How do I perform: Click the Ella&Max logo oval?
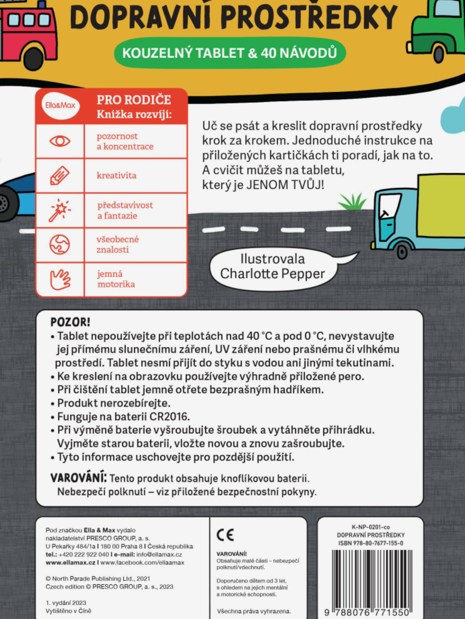click(60, 105)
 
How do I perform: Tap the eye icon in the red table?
click(60, 141)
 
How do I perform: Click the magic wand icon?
click(59, 210)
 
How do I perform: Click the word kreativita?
click(117, 175)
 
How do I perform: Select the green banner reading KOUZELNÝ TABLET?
click(230, 53)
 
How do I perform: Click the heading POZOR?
click(70, 322)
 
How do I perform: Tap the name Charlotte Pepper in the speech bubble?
click(272, 274)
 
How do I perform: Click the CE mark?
click(225, 535)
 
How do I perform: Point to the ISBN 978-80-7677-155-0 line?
click(371, 543)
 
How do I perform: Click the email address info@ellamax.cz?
click(159, 554)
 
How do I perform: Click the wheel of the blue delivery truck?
click(402, 251)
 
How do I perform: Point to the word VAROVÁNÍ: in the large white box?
click(78, 478)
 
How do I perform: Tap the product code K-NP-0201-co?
click(371, 527)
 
